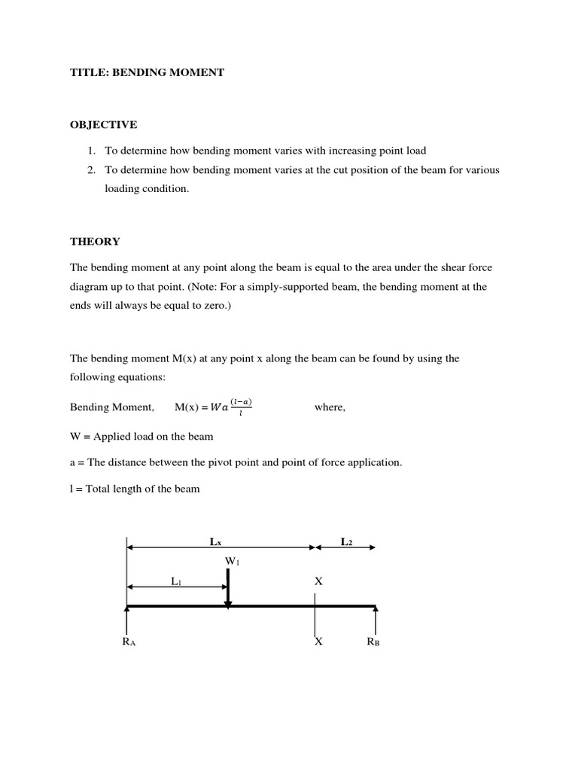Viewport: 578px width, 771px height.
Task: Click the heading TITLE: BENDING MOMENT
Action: pyautogui.click(x=147, y=72)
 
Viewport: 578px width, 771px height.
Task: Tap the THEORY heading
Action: pyautogui.click(x=95, y=241)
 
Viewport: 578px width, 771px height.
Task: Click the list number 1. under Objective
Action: pyautogui.click(x=92, y=151)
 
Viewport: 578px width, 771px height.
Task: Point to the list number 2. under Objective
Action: pyautogui.click(x=92, y=170)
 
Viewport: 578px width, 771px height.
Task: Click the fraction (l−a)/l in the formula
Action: pyautogui.click(x=242, y=407)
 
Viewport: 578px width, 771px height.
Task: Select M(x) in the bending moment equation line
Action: pyautogui.click(x=190, y=407)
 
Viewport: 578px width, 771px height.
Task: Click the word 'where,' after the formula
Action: pyautogui.click(x=330, y=407)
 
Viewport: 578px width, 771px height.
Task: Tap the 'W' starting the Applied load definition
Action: pyautogui.click(x=75, y=436)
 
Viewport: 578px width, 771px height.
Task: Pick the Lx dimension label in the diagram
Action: pyautogui.click(x=216, y=541)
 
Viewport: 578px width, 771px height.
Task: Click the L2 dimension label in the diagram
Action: pyautogui.click(x=346, y=541)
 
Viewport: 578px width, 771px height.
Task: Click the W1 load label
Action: pyautogui.click(x=231, y=560)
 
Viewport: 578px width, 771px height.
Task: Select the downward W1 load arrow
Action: pyautogui.click(x=227, y=587)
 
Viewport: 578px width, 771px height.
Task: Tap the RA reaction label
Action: pyautogui.click(x=128, y=641)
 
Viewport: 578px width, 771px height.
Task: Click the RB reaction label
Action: pyautogui.click(x=373, y=641)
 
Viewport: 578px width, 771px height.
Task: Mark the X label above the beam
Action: pyautogui.click(x=318, y=581)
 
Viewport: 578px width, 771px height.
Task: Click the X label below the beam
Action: pyautogui.click(x=318, y=641)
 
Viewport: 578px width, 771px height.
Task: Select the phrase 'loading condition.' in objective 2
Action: pyautogui.click(x=147, y=189)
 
